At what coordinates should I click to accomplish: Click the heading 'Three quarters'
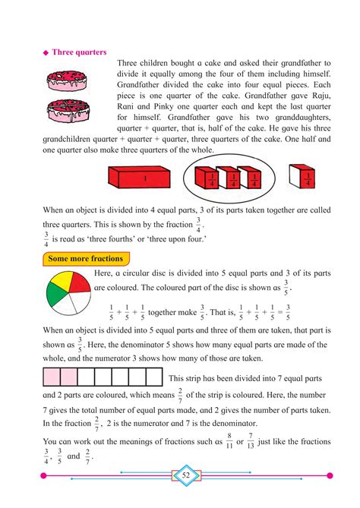81,52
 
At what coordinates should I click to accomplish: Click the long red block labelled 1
144,180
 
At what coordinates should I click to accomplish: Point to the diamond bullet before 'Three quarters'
46,53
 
